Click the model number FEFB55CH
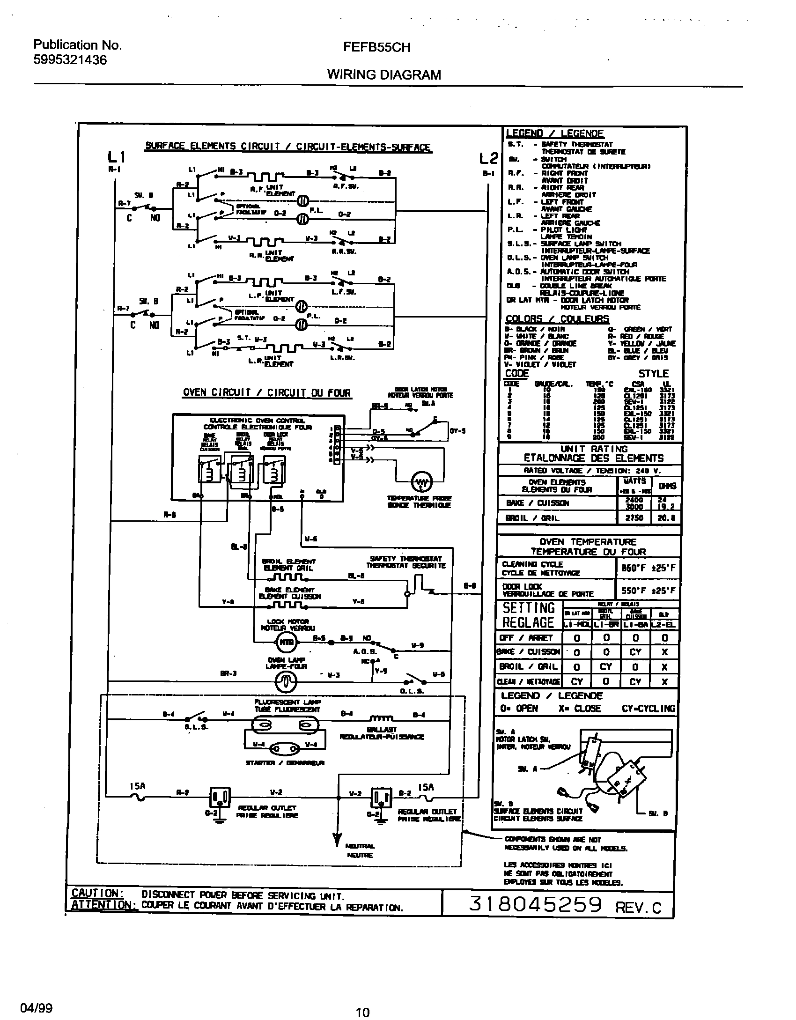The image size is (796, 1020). [377, 48]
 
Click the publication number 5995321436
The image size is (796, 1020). [70, 60]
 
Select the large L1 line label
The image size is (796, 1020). [116, 158]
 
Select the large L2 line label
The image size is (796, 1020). [488, 159]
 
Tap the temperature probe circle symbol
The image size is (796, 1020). [422, 482]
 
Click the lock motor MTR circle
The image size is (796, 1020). [285, 642]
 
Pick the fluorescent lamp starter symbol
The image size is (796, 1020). [284, 748]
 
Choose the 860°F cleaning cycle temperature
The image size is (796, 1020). [648, 569]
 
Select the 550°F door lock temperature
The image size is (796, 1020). [648, 591]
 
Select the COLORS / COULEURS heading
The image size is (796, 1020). [557, 319]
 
